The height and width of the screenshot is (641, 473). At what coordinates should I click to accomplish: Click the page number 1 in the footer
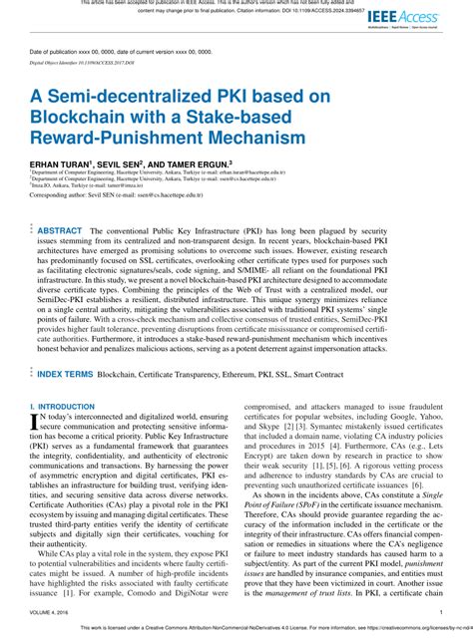tap(441, 613)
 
